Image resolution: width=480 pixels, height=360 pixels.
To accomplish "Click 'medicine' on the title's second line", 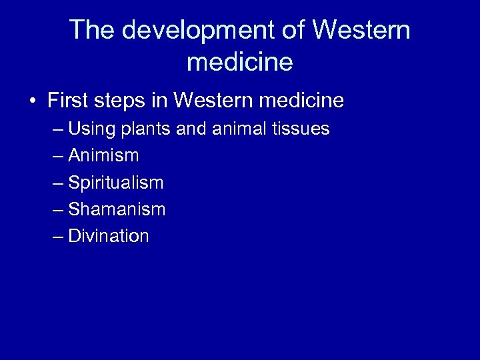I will tap(239, 61).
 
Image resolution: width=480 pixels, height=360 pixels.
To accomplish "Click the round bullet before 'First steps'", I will tap(32, 101).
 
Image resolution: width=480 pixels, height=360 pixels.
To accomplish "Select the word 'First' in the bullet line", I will tap(67, 101).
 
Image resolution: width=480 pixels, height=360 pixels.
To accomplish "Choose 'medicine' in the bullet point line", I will tap(304, 101).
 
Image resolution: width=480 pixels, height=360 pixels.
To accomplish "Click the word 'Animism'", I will tap(103, 155).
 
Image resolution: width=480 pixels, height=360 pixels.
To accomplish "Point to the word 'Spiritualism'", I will tap(115, 182).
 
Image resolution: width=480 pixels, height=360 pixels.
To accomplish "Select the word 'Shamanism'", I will tap(117, 209).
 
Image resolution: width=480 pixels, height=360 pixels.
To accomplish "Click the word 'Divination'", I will tap(109, 236).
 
